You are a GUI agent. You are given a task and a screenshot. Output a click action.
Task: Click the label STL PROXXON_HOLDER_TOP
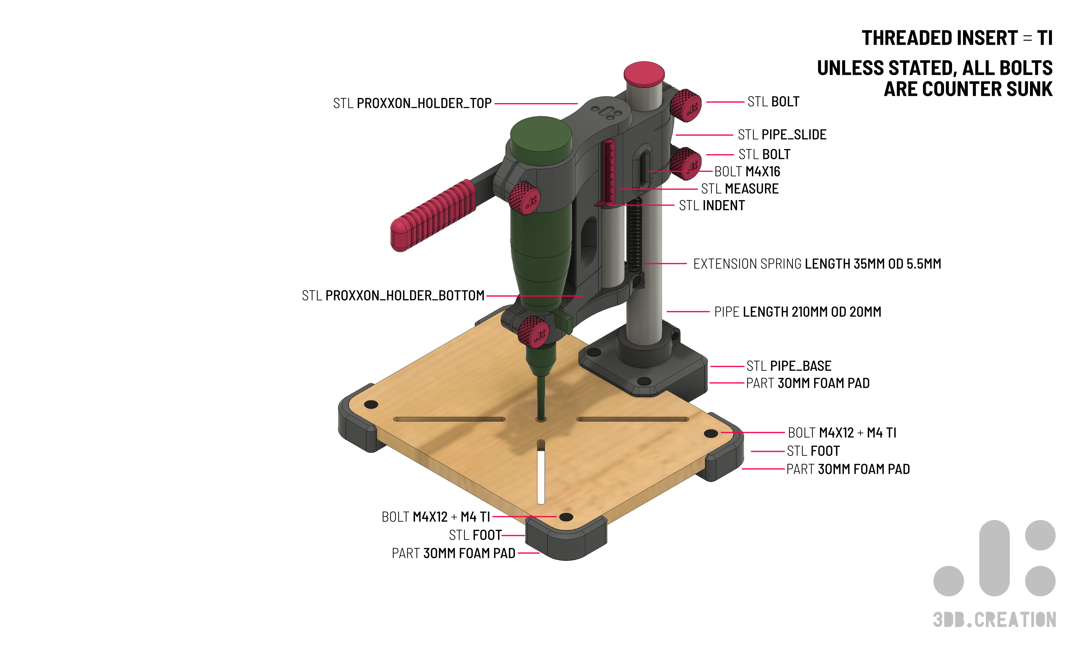(412, 103)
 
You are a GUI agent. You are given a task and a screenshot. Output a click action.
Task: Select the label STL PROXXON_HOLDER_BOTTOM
(393, 296)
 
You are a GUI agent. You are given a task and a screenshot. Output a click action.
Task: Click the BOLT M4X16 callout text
(747, 172)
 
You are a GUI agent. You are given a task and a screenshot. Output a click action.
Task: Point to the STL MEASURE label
(740, 189)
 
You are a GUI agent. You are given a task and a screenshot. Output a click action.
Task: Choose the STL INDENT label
(712, 206)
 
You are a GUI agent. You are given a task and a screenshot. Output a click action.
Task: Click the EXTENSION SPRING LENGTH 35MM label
(817, 264)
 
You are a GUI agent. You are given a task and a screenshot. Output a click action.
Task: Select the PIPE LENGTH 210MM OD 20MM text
(797, 312)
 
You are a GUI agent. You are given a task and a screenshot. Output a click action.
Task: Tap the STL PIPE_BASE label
(789, 366)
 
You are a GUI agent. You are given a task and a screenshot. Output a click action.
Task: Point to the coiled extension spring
(634, 236)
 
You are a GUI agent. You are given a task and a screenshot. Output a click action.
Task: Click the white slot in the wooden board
(541, 477)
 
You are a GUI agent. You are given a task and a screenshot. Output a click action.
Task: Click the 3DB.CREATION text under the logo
(994, 620)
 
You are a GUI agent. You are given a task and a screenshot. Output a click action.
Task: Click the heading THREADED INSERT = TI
(957, 38)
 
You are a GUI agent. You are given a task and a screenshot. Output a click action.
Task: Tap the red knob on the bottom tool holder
(533, 332)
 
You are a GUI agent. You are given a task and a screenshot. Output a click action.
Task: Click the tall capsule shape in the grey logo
(994, 558)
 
